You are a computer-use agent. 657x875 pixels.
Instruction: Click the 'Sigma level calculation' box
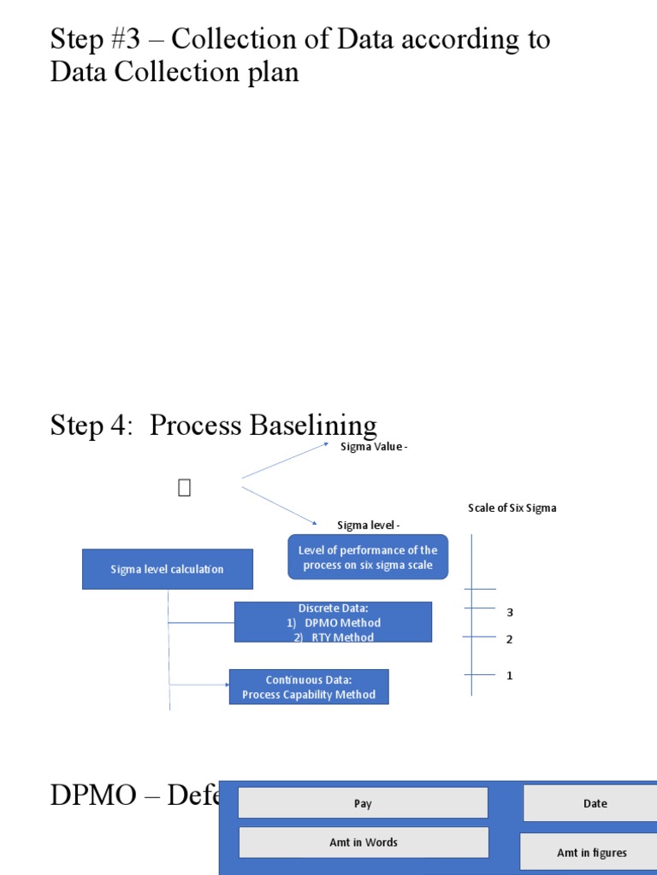(x=168, y=569)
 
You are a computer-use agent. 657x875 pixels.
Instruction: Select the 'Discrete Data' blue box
(x=334, y=622)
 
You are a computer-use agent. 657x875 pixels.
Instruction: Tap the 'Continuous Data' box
(x=309, y=687)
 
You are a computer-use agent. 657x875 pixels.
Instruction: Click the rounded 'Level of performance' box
(x=368, y=558)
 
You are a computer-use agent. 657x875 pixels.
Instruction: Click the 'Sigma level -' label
(x=369, y=525)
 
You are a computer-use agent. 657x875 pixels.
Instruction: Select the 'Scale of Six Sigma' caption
(x=512, y=508)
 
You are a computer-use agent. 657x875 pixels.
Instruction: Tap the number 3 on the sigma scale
(x=510, y=613)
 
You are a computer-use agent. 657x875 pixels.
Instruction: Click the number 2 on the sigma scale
(x=510, y=639)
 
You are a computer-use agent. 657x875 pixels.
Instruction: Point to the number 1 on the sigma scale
(x=510, y=676)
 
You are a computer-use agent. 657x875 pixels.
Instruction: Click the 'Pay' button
(x=363, y=803)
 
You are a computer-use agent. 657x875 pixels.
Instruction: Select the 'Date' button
(x=595, y=803)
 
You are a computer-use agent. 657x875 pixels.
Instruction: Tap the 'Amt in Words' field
(x=364, y=842)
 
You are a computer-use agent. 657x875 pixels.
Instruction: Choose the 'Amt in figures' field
(x=592, y=852)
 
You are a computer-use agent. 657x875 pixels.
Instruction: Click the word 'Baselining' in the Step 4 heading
(x=313, y=426)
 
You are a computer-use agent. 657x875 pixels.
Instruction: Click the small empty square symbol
(x=184, y=488)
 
